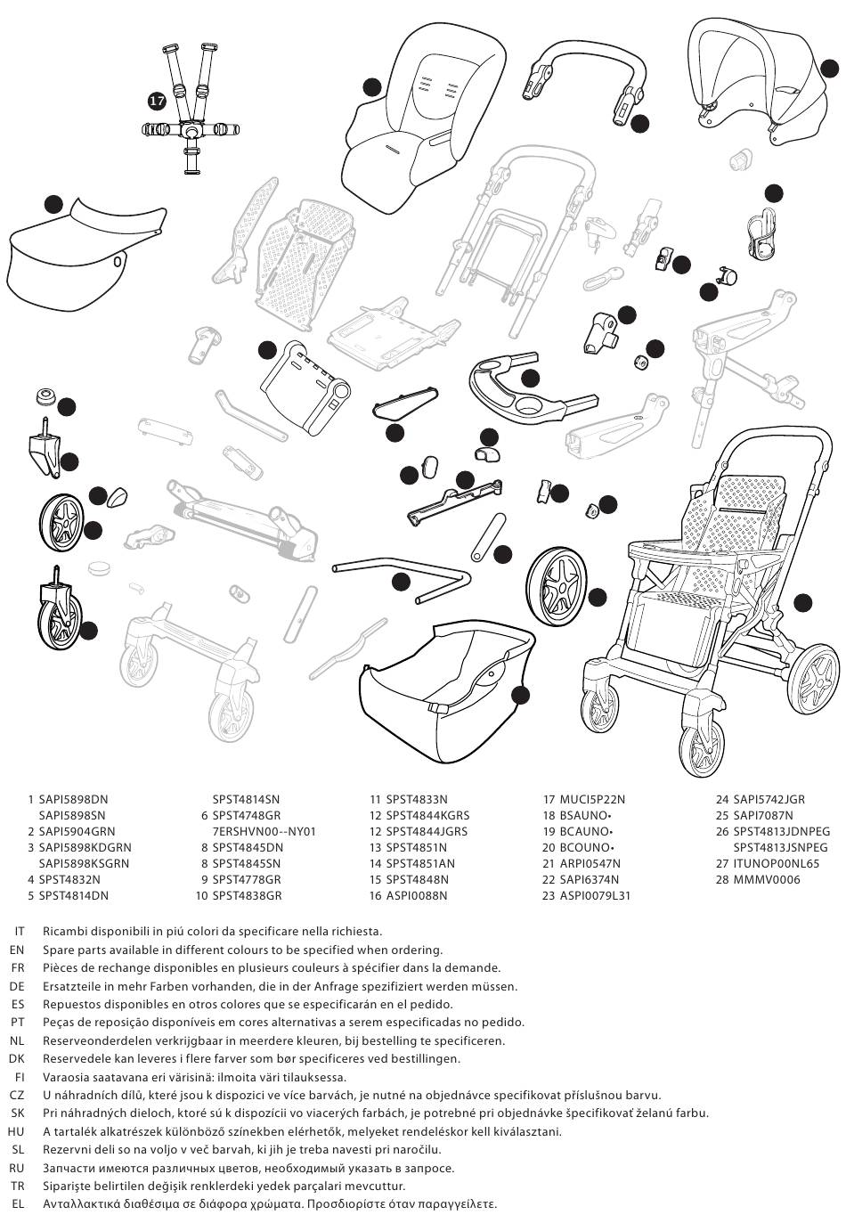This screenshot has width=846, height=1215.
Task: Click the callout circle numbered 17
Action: point(157,102)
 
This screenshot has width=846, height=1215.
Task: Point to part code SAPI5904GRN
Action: point(77,832)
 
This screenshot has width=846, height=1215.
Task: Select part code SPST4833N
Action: point(417,800)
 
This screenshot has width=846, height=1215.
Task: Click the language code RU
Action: point(17,1168)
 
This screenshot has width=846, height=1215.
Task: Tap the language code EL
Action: point(17,1204)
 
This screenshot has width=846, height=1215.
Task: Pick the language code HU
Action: point(16,1132)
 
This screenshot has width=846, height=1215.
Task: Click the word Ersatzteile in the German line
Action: point(72,986)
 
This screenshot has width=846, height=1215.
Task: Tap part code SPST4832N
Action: point(69,880)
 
